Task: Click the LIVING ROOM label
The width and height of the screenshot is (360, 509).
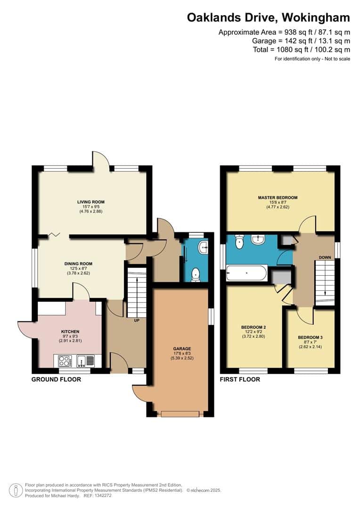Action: [x=91, y=202]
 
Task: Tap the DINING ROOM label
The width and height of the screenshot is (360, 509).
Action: [x=78, y=264]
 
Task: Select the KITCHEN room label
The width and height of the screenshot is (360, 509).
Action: [x=70, y=331]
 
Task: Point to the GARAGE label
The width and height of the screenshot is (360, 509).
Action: [x=181, y=349]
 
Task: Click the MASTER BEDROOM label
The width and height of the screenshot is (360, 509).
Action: [x=278, y=197]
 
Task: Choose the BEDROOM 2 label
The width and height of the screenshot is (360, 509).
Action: [x=254, y=327]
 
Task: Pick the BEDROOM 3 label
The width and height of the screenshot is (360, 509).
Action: [x=310, y=337]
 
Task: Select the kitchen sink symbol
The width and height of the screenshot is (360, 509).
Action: [x=82, y=361]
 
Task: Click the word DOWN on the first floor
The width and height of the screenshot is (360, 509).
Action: [x=325, y=258]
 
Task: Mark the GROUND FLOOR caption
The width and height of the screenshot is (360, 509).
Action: [x=56, y=379]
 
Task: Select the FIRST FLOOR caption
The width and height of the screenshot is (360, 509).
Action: [x=240, y=379]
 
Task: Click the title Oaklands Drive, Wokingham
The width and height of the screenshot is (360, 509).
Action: [x=269, y=18]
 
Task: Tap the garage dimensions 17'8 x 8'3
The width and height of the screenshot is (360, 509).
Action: [x=181, y=353]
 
